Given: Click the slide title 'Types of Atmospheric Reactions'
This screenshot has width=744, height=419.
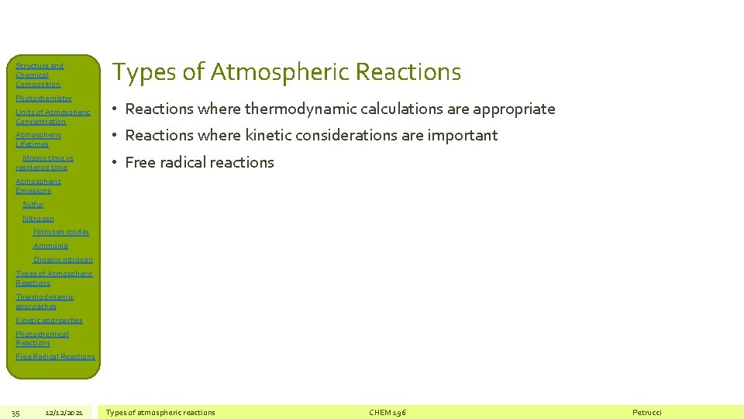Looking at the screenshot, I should click(x=287, y=72).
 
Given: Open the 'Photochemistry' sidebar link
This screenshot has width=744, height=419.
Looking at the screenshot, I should click(x=43, y=99).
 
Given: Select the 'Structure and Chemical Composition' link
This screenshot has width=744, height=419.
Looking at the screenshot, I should click(x=39, y=75).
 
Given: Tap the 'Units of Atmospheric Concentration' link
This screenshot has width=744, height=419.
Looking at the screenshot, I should click(x=53, y=117).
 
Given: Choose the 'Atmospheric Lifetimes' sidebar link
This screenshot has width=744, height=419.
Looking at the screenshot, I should click(x=38, y=140).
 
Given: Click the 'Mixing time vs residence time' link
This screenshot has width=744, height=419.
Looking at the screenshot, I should click(x=44, y=162).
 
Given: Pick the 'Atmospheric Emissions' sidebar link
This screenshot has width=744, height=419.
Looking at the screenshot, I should click(x=38, y=185).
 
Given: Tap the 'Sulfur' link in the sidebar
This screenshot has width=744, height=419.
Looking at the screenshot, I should click(x=33, y=205).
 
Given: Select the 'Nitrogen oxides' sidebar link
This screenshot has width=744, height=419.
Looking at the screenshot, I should click(x=61, y=232).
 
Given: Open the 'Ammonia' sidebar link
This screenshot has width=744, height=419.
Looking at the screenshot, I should click(x=50, y=246).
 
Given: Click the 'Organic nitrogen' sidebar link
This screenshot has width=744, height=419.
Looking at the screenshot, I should click(x=63, y=260).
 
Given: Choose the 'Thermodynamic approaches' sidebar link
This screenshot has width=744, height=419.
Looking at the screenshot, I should click(x=44, y=301).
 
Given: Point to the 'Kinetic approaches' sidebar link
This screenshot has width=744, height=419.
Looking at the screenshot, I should click(x=49, y=320).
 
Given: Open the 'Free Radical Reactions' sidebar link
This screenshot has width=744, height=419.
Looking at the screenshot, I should click(x=55, y=357).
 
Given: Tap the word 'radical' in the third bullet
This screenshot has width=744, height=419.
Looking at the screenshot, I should click(x=180, y=162).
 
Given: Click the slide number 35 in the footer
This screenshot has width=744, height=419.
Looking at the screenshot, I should click(x=15, y=412).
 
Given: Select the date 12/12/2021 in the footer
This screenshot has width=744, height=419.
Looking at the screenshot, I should click(x=64, y=412).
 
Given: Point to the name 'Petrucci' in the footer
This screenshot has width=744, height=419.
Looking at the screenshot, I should click(x=647, y=412).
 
